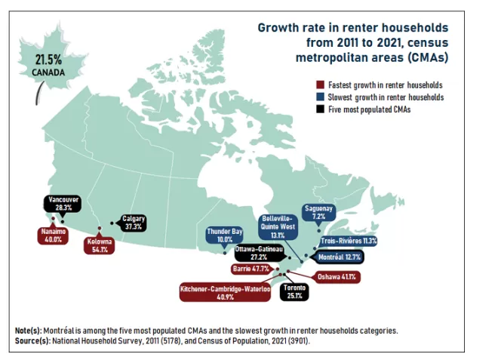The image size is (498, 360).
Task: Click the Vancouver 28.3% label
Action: [x=63, y=204]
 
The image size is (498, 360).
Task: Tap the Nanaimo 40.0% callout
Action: [x=53, y=235]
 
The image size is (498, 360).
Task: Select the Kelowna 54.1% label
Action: [x=100, y=245]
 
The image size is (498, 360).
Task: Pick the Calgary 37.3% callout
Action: [x=134, y=223]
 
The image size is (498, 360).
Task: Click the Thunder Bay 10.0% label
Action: [x=225, y=235]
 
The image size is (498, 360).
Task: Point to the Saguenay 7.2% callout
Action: [x=318, y=212]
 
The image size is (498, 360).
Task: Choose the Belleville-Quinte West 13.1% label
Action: [x=278, y=227]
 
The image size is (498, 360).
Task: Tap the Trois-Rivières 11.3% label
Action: [x=349, y=241]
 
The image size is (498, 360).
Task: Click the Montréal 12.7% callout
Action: [x=340, y=257]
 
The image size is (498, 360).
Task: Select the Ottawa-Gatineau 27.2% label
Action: [x=259, y=253]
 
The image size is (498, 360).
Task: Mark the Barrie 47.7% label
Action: [x=251, y=269]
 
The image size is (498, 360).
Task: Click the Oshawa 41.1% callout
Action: [x=337, y=277]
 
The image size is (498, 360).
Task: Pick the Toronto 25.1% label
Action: [x=294, y=291]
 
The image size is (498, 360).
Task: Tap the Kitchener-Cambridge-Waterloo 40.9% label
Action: [x=225, y=293]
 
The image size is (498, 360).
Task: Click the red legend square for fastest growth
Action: [x=320, y=85]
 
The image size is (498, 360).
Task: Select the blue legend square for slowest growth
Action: [x=320, y=97]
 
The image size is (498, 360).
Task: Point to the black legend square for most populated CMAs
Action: [x=320, y=109]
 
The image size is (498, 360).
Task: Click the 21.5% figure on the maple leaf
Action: [x=48, y=60]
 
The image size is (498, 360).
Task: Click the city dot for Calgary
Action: [x=112, y=223]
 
